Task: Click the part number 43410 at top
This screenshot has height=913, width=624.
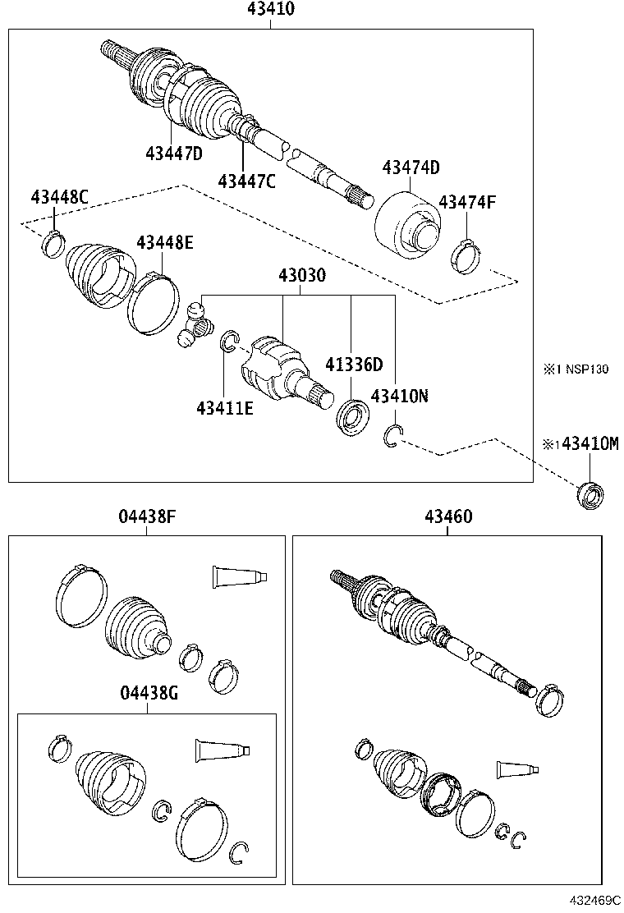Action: (271, 10)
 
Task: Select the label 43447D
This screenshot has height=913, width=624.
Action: (174, 153)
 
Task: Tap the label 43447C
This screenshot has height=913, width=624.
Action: (246, 181)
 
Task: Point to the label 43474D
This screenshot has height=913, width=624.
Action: (411, 167)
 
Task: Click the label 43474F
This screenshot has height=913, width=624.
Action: (466, 202)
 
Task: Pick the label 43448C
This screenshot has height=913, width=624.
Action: (59, 197)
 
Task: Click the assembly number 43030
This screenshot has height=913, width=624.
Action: (300, 276)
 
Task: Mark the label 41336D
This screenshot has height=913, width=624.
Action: (354, 364)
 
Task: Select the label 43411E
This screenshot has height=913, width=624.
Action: (224, 405)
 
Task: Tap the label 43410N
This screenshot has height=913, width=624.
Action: (399, 396)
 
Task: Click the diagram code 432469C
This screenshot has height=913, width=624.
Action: (591, 901)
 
